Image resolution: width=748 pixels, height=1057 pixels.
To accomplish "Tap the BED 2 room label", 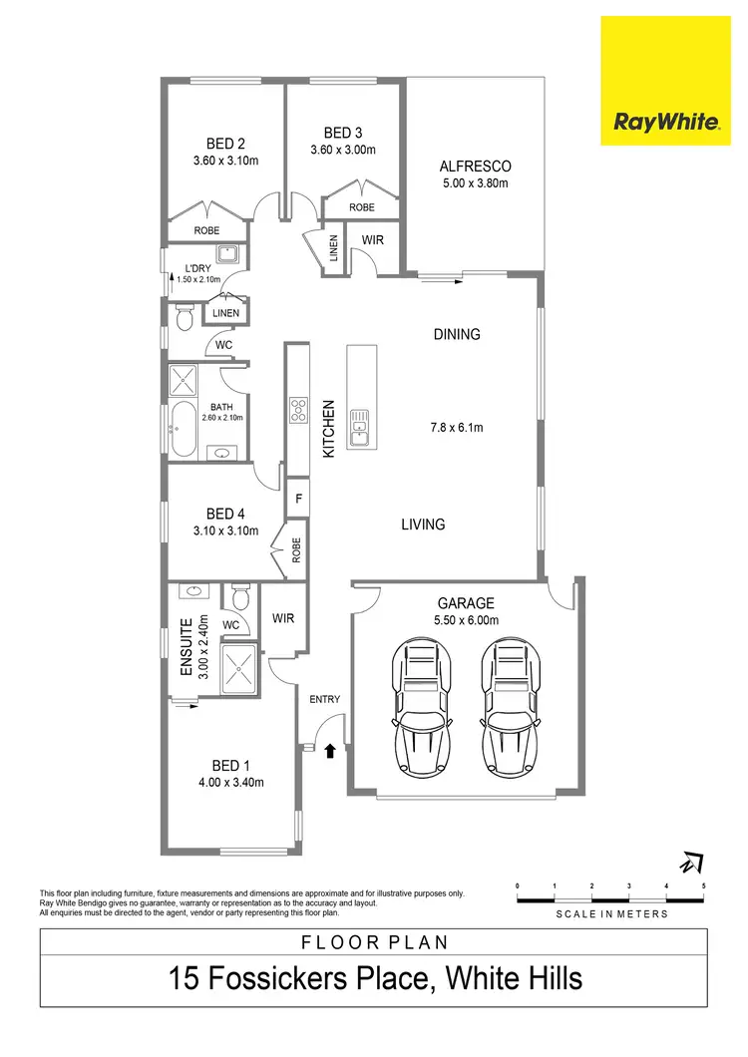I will click(x=225, y=143).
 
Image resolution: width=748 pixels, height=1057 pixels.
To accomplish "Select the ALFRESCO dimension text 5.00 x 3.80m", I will click(x=475, y=183).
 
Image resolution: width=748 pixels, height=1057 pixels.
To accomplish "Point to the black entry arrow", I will click(x=330, y=750).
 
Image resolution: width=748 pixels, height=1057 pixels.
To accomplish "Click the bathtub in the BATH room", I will click(x=184, y=432).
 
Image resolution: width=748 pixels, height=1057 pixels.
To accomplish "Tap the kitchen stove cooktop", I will click(x=297, y=410).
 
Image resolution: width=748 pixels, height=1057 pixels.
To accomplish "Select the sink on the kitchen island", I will click(x=359, y=428).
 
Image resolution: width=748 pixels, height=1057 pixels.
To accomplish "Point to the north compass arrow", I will click(x=690, y=861).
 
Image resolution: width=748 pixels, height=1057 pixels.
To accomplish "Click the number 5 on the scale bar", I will click(x=704, y=885).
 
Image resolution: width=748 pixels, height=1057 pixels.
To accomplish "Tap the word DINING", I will click(x=456, y=334).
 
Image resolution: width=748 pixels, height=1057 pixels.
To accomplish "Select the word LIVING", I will click(x=423, y=524).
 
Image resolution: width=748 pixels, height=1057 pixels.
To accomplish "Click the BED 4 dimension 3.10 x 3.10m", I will click(x=226, y=531).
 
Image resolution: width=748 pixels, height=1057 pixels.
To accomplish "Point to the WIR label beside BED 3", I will click(x=372, y=240).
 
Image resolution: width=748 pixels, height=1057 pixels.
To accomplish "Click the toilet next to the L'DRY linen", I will click(x=183, y=319).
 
